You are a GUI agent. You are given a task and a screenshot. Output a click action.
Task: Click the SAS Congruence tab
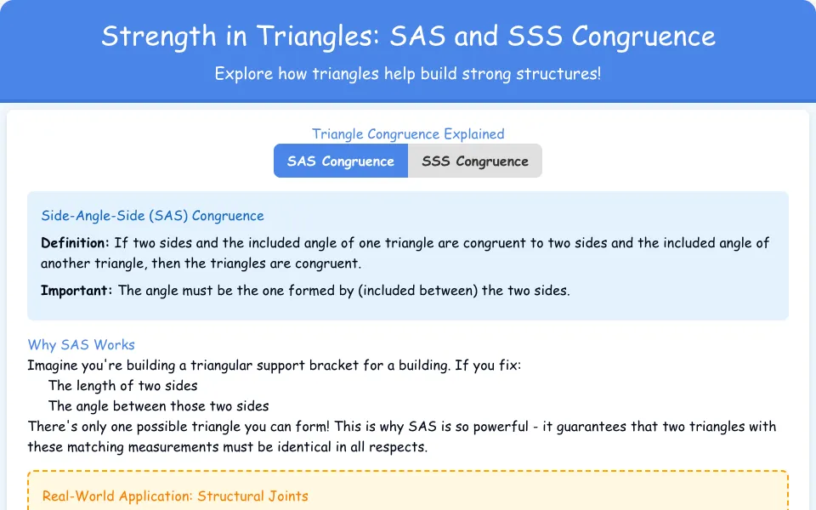(341, 161)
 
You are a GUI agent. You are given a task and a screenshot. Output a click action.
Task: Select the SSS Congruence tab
(475, 161)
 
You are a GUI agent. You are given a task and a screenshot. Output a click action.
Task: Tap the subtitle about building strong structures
(408, 73)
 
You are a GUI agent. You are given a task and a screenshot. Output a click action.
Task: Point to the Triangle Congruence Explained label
(408, 133)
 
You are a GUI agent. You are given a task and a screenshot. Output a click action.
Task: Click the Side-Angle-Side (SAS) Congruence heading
(152, 215)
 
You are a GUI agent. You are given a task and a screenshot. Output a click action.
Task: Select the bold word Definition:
(75, 242)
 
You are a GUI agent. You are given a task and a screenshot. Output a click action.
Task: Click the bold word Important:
(76, 290)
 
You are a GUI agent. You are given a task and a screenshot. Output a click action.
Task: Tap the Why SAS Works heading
(82, 344)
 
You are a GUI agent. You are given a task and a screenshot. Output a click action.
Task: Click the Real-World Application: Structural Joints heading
(175, 496)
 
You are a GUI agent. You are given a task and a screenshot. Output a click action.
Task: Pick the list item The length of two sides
(122, 386)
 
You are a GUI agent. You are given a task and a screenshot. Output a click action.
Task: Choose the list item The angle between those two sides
(159, 406)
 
